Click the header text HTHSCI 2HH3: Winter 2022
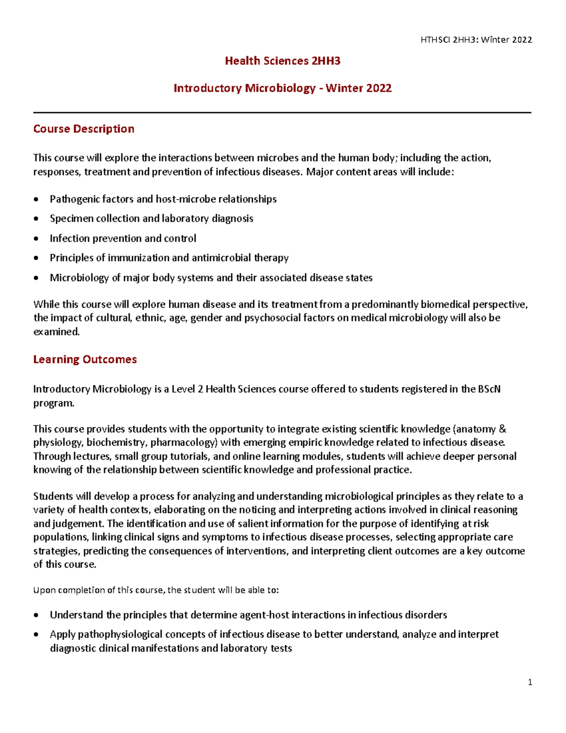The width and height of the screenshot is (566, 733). [x=476, y=40]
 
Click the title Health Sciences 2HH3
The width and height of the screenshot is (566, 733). [x=283, y=61]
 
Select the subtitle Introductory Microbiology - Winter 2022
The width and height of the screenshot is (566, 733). [x=283, y=88]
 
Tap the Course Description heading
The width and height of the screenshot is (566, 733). [x=83, y=129]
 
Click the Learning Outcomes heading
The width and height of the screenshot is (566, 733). [x=85, y=359]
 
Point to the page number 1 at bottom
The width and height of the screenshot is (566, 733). [x=530, y=682]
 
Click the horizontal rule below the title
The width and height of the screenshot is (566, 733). [x=283, y=113]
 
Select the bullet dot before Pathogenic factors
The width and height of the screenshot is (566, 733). [x=36, y=200]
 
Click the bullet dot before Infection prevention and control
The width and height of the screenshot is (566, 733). [x=36, y=239]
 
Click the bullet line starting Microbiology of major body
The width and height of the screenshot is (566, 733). [x=211, y=278]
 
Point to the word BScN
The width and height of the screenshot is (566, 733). [x=489, y=389]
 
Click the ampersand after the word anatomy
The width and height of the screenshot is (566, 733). [x=502, y=429]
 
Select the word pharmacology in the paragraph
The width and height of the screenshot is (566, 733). [x=184, y=442]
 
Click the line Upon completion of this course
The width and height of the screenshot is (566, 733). [x=156, y=590]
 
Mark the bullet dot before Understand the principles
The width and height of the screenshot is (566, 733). [x=36, y=615]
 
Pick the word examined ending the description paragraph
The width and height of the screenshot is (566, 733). [x=56, y=331]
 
